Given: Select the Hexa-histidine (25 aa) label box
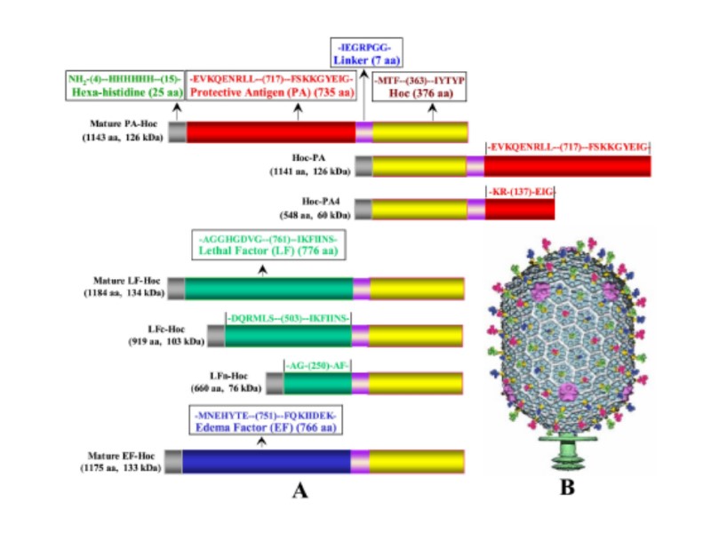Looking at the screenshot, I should click(125, 84).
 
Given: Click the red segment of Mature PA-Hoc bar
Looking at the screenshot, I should click(270, 132).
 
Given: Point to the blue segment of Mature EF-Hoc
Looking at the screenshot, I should click(266, 461).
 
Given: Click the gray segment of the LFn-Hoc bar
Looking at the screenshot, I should click(275, 383).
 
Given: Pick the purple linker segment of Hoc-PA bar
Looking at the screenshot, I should click(475, 165).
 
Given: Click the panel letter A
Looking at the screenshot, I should click(299, 489).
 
